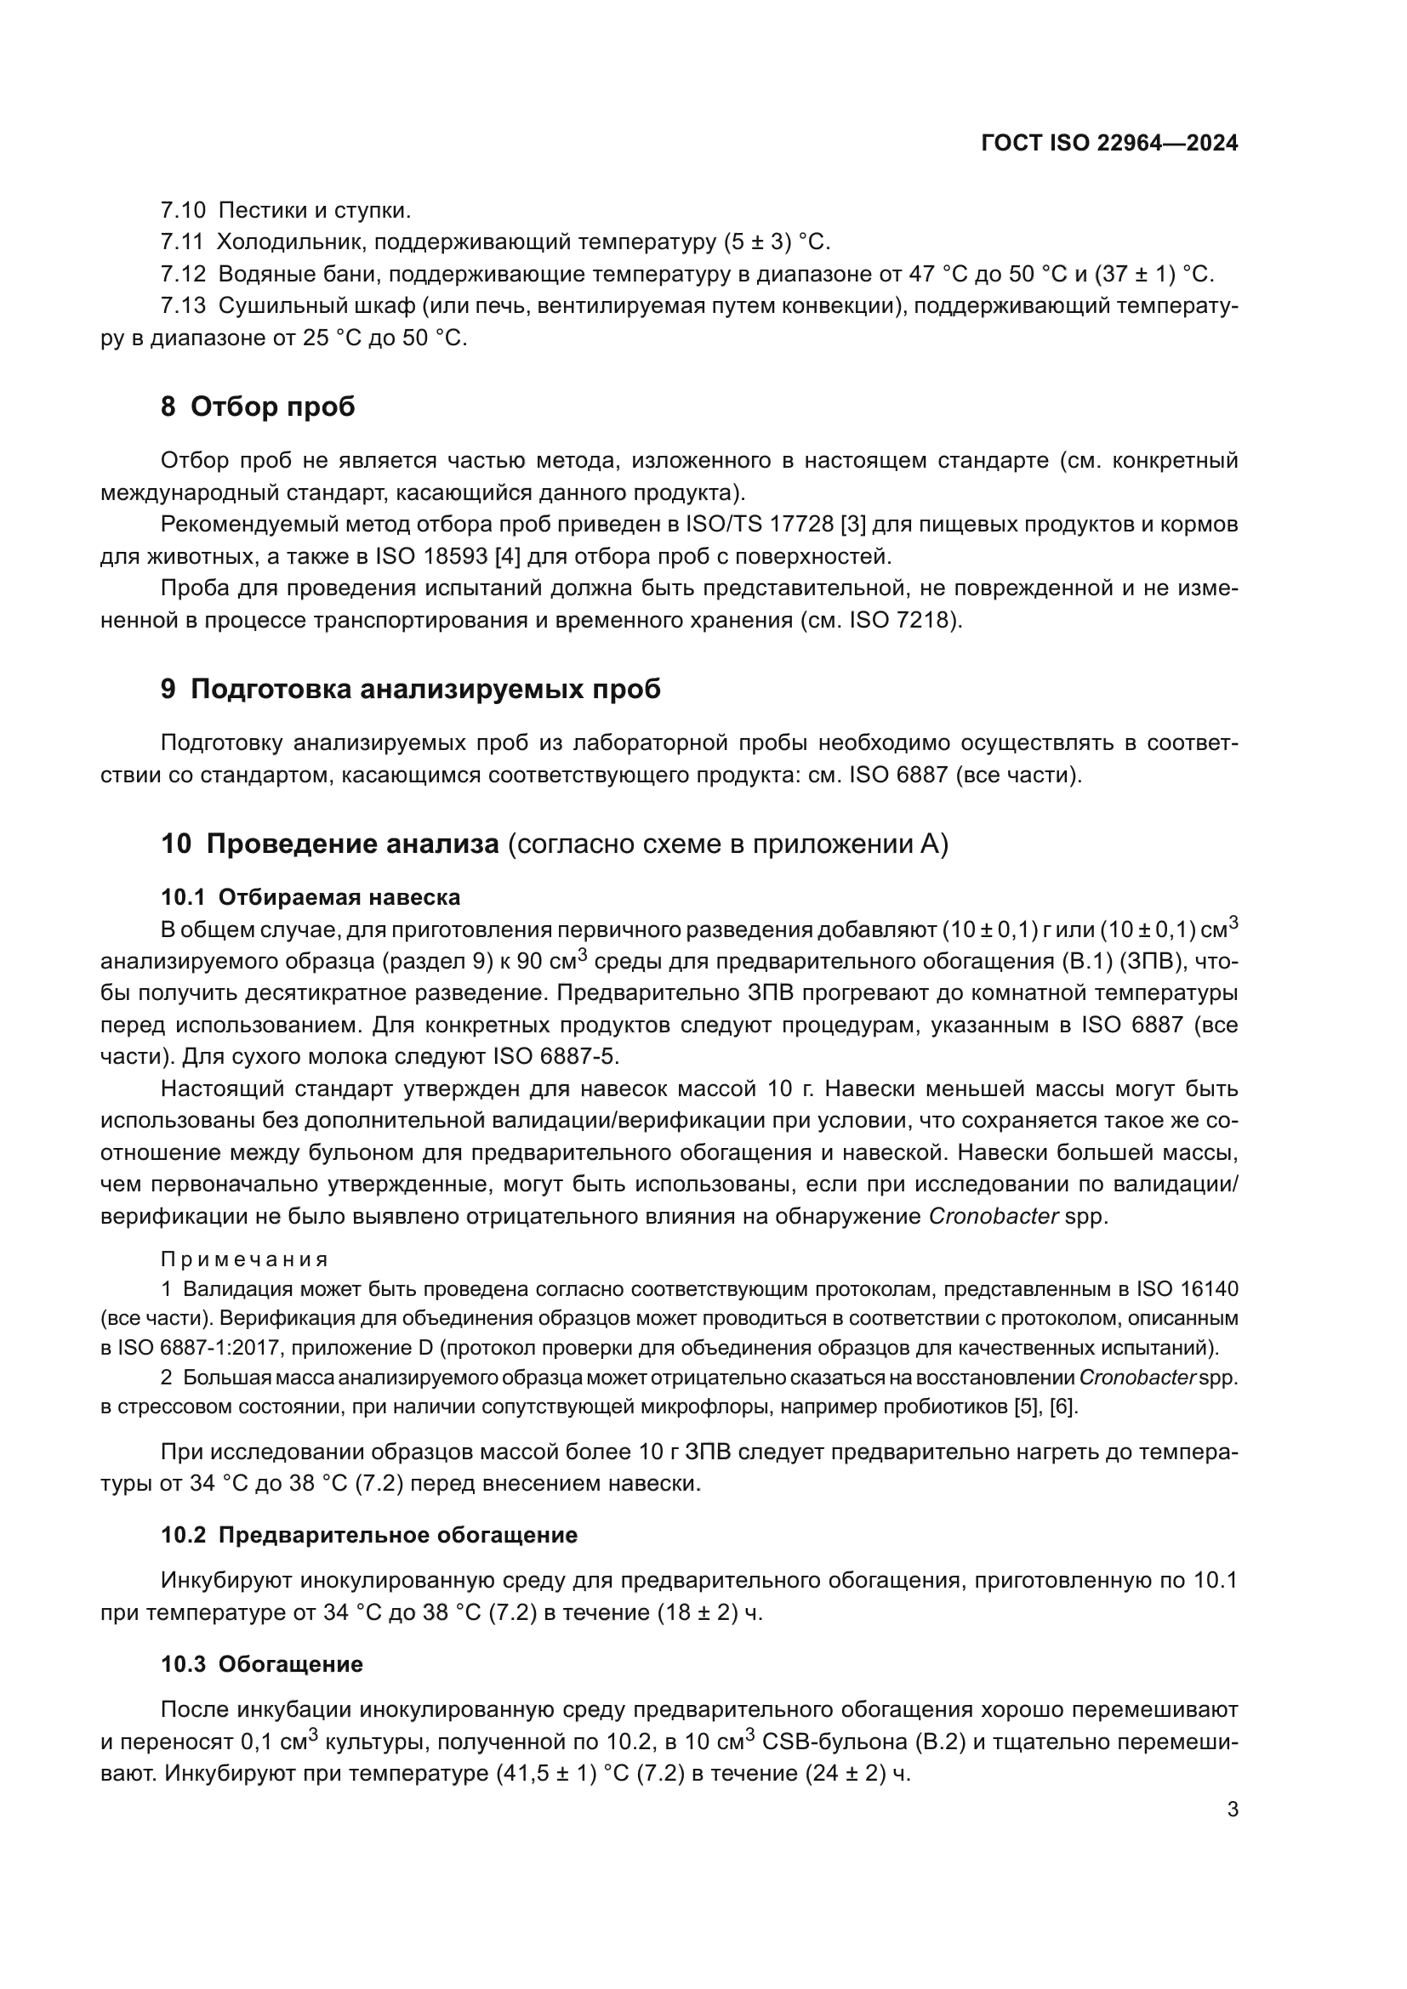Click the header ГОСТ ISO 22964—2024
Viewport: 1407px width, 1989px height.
1109,143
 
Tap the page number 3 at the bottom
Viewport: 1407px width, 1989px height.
1232,1810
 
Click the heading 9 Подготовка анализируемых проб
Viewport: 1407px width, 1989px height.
410,689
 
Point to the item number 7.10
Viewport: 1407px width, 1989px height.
183,210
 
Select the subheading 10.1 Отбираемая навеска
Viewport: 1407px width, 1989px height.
310,896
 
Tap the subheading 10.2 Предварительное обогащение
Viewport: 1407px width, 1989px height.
368,1535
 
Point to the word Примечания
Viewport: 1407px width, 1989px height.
244,1259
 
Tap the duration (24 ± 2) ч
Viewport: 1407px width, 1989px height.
857,1773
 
